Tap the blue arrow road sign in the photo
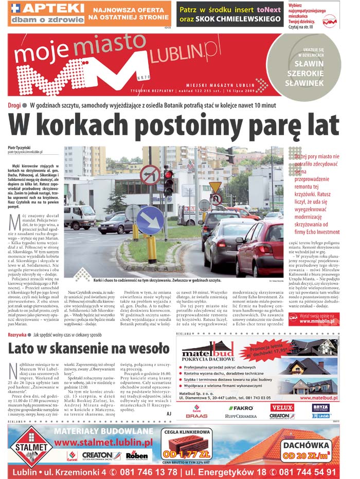pyautogui.click(x=150, y=219)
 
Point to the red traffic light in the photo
pyautogui.click(x=168, y=176)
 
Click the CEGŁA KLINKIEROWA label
pyautogui.click(x=187, y=433)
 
